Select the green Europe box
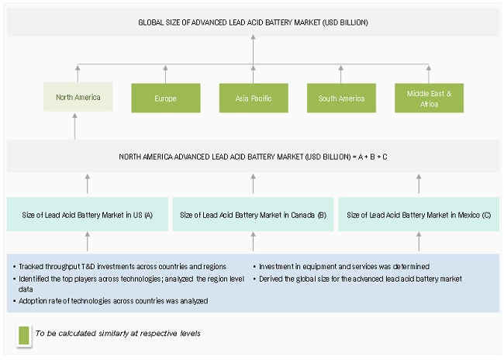tap(164, 99)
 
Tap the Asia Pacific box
tap(253, 99)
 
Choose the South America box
tap(340, 99)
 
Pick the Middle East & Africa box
tap(429, 98)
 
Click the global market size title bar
tap(253, 22)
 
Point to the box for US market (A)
tap(87, 214)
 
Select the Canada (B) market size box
tap(253, 214)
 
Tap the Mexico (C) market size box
tap(418, 214)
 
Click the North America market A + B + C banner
tap(253, 157)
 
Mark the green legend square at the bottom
tap(23, 333)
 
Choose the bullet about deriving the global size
tap(361, 276)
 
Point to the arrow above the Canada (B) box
tap(253, 185)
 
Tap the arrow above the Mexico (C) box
tap(418, 185)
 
